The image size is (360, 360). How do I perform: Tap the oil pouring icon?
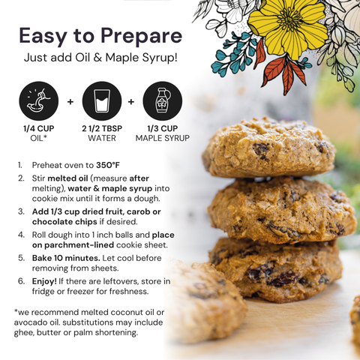[x=39, y=101]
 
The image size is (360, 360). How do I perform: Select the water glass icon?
[x=102, y=101]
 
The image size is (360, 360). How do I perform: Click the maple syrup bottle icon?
[x=163, y=101]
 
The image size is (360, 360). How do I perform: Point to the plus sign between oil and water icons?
[x=70, y=102]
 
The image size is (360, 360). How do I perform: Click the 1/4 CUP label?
[x=39, y=128]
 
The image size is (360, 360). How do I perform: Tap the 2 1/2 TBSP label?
[x=102, y=128]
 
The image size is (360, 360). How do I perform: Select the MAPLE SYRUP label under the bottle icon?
[x=163, y=138]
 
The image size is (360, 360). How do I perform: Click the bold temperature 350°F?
[x=108, y=165]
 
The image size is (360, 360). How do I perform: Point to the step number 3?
[x=21, y=211]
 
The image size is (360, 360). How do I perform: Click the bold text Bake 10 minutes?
[x=66, y=258]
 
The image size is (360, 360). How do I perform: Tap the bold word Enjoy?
[x=44, y=281]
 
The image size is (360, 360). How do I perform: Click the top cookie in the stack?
[x=268, y=148]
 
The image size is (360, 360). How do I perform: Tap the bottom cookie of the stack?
[x=275, y=270]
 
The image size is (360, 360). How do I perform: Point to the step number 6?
[x=21, y=281]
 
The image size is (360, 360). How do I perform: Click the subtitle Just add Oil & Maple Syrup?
[x=100, y=58]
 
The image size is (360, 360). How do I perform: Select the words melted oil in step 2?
[x=67, y=178]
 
